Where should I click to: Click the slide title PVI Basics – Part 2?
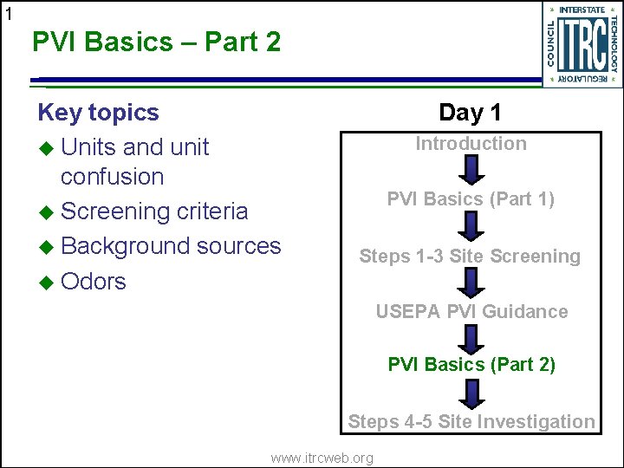point(156,41)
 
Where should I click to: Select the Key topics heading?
point(98,113)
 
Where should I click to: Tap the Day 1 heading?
point(470,112)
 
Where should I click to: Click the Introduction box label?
point(471,144)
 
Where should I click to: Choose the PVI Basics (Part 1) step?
point(471,198)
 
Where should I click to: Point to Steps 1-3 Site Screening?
point(470,256)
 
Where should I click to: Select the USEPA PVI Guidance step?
point(471,311)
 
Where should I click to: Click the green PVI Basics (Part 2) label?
point(471,365)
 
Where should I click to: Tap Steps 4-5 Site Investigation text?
point(471,422)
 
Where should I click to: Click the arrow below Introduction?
point(471,171)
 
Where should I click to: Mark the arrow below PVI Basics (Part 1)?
point(471,226)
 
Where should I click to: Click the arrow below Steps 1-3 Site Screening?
point(471,283)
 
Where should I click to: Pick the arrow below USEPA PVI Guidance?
point(471,337)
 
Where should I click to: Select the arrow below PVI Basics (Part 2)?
point(471,393)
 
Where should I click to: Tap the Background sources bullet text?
point(171,246)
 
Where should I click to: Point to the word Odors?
point(94,282)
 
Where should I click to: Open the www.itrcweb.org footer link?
point(322,458)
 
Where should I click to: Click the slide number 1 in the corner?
point(9,13)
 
